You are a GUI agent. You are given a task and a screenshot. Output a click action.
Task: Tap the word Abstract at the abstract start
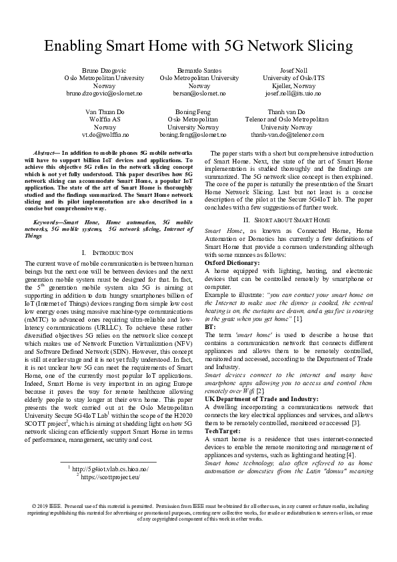44,154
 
